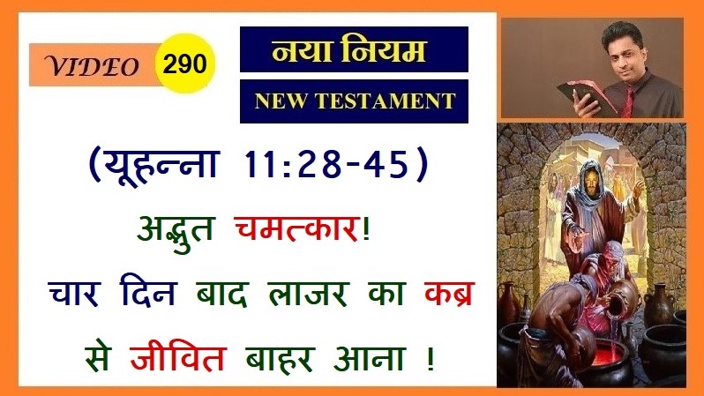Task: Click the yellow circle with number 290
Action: [185, 64]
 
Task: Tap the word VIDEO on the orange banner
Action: [92, 66]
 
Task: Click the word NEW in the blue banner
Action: [280, 101]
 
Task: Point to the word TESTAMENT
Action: [386, 101]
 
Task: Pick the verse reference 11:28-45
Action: [326, 164]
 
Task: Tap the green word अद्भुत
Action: [176, 232]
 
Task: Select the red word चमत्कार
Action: [296, 228]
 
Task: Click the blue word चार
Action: [73, 293]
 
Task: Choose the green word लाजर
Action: [308, 294]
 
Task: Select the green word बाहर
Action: [280, 358]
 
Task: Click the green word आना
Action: [369, 358]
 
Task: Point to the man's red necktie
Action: [628, 101]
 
